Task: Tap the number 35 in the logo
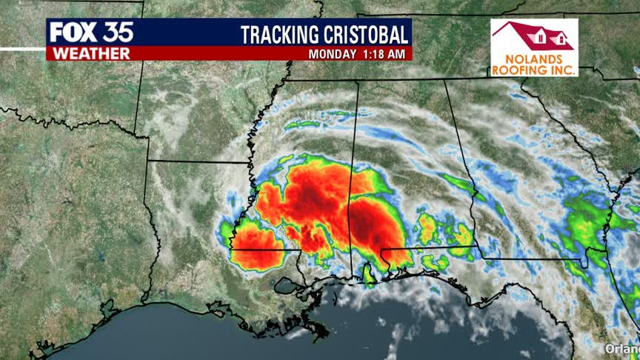tap(117, 32)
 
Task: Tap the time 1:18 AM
tap(384, 54)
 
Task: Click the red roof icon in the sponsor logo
tap(534, 36)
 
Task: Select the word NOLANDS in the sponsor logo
tap(534, 59)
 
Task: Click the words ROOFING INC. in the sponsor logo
tap(534, 70)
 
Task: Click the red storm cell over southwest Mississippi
tap(256, 244)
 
